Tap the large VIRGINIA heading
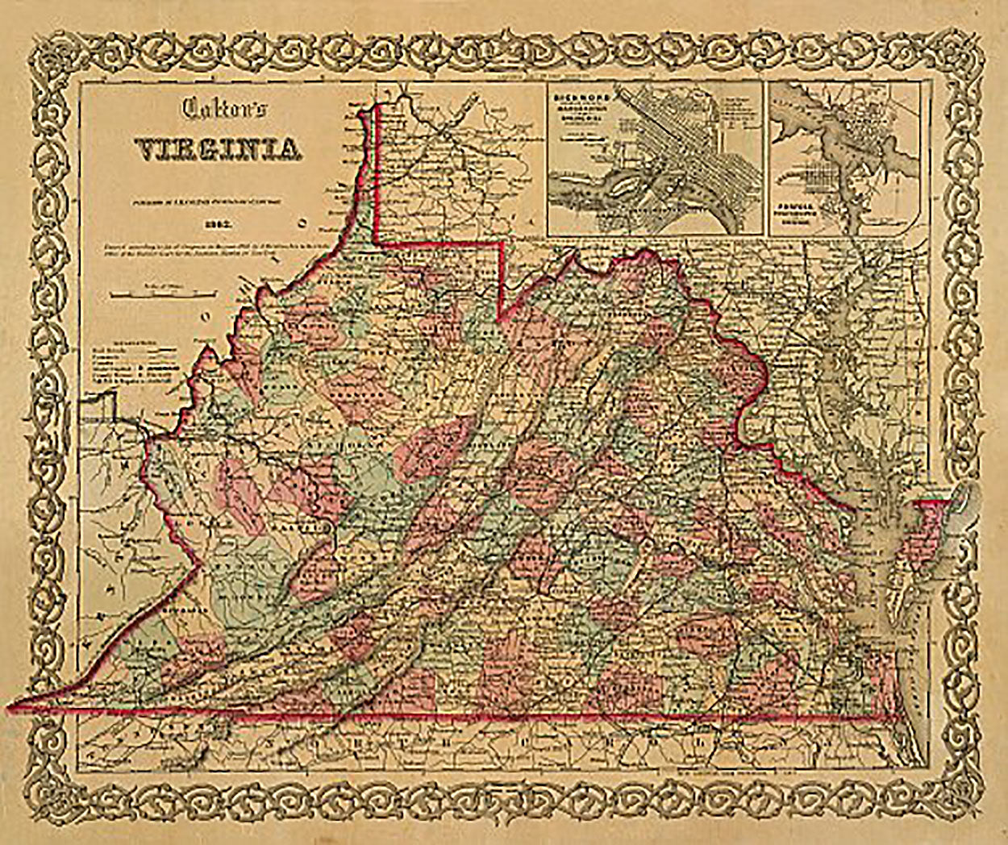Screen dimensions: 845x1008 click(218, 149)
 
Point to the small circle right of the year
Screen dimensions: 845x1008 click(302, 219)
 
